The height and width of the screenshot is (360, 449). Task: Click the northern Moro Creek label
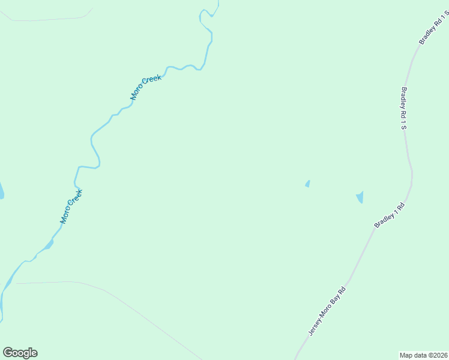146,87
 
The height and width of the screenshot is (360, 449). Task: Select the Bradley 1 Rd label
390,215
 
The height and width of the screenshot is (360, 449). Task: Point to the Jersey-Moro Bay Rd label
328,310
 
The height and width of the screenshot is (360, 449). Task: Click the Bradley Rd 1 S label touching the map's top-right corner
432,29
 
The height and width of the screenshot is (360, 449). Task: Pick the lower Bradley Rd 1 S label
403,109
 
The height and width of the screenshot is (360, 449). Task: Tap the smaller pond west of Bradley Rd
307,184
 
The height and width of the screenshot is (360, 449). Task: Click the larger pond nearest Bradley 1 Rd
360,197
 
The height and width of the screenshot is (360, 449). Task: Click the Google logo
20,353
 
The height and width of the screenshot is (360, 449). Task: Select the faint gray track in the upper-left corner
48,20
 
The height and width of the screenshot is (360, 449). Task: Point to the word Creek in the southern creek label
75,199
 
